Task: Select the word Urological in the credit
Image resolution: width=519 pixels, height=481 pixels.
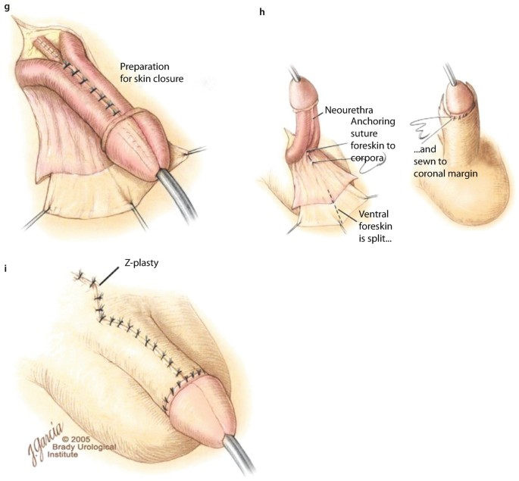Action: point(92,448)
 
